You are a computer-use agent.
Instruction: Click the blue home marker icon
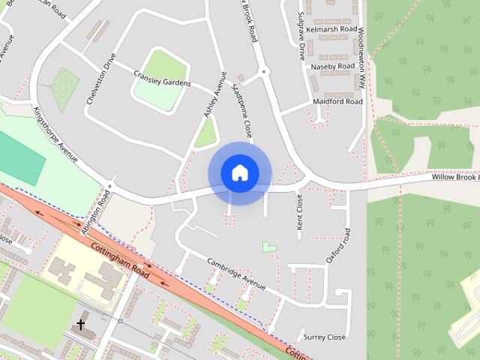239,173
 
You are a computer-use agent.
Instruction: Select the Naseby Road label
332,66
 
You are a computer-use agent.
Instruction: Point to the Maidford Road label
337,101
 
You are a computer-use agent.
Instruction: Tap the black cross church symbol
81,325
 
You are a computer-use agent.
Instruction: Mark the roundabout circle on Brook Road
263,72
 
